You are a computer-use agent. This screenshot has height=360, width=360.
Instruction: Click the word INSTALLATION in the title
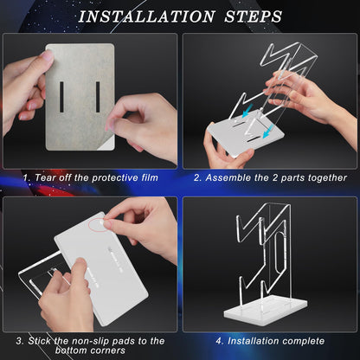coord(147,16)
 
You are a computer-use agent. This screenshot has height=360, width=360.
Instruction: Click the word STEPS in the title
coord(253,16)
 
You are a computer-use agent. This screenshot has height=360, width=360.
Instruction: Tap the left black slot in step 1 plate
coord(61,97)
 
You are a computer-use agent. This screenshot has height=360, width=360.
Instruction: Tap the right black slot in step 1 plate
coord(98,97)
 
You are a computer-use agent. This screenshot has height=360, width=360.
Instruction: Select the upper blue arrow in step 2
coord(247,112)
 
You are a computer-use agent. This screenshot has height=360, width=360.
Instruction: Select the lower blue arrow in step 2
coord(267,132)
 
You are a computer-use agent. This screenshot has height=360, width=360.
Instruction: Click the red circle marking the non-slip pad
coord(99,224)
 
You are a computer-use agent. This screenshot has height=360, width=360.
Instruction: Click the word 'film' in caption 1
coord(150,177)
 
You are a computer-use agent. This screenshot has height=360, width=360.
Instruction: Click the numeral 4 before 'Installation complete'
coord(219,341)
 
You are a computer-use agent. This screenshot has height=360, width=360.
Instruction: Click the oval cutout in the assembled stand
coord(278,254)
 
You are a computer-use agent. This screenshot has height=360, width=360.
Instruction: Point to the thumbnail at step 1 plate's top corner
coord(48,55)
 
